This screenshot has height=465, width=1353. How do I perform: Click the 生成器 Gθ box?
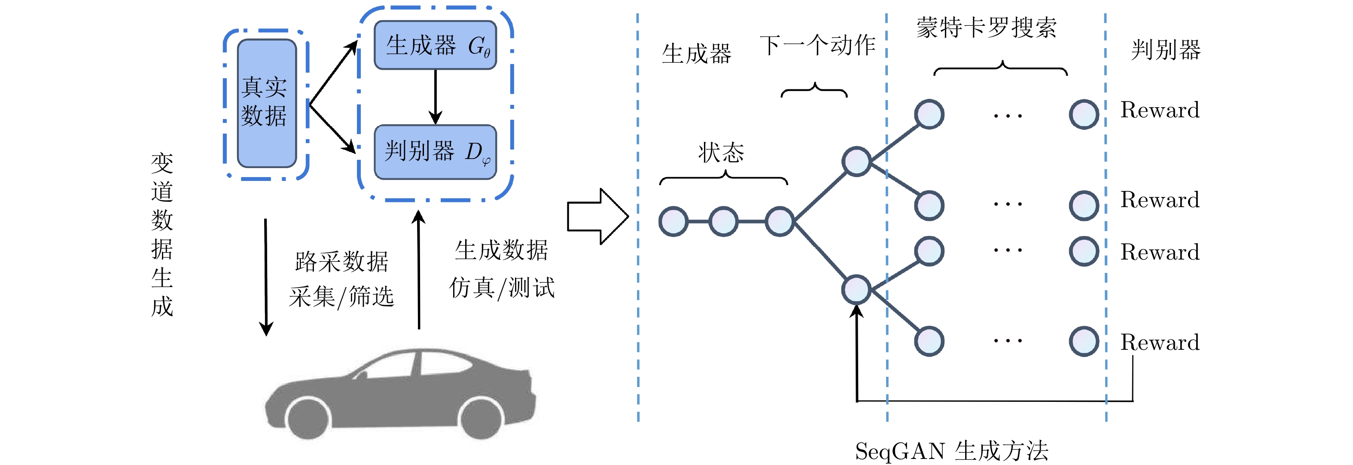pyautogui.click(x=435, y=45)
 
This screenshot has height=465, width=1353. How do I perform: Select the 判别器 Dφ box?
pyautogui.click(x=435, y=152)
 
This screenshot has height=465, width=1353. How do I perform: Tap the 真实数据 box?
pyautogui.click(x=267, y=104)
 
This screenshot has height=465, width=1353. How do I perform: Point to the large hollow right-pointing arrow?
pyautogui.click(x=598, y=217)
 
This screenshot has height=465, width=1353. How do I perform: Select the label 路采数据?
pyautogui.click(x=341, y=262)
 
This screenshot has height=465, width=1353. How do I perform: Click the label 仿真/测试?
pyautogui.click(x=502, y=288)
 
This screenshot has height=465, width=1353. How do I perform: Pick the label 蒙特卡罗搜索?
pyautogui.click(x=986, y=28)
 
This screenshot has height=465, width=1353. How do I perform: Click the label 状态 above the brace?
pyautogui.click(x=721, y=153)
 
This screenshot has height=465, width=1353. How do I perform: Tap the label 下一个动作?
pyautogui.click(x=817, y=45)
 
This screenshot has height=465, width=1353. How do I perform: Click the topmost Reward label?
pyautogui.click(x=1160, y=110)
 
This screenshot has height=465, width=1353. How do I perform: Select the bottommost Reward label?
pyautogui.click(x=1160, y=343)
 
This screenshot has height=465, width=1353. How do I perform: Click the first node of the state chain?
pyautogui.click(x=673, y=222)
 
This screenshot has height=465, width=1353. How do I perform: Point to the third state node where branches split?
pyautogui.click(x=780, y=222)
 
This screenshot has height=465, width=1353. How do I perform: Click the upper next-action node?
pyautogui.click(x=856, y=161)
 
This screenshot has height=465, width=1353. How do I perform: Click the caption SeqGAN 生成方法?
pyautogui.click(x=952, y=451)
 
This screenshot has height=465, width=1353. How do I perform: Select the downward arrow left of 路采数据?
pyautogui.click(x=266, y=277)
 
